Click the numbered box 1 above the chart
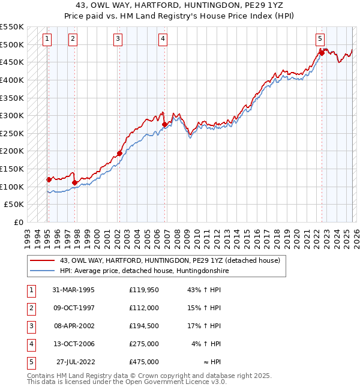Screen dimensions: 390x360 [47, 39]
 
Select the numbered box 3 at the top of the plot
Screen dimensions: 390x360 [118, 39]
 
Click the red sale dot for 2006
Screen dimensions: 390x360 [164, 125]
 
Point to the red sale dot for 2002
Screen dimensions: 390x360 [119, 153]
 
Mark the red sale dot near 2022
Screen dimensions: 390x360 [322, 53]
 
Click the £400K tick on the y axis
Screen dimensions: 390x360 [11, 80]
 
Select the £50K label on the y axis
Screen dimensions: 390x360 [14, 205]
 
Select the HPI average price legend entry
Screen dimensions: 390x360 [145, 271]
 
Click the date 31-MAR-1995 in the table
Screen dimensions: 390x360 [73, 290]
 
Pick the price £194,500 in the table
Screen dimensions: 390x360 [144, 326]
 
